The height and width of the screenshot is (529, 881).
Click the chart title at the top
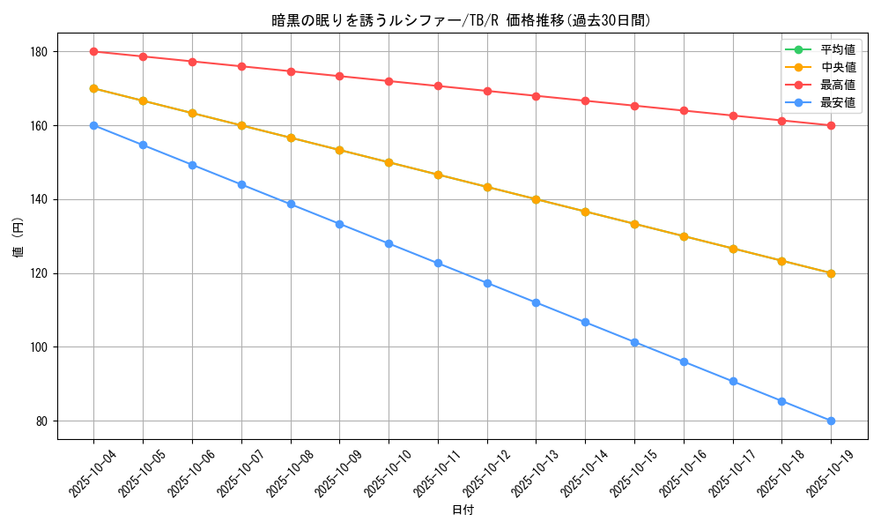(x=462, y=20)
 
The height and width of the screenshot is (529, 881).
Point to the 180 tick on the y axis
(x=39, y=52)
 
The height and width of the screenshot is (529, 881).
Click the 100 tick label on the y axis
(x=39, y=347)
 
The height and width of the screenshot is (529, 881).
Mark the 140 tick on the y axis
(x=39, y=199)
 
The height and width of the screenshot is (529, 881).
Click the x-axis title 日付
(x=463, y=510)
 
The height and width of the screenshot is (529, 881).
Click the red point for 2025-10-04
(x=93, y=51)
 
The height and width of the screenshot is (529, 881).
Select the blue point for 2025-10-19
(x=831, y=421)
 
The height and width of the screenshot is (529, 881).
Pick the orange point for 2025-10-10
(x=389, y=162)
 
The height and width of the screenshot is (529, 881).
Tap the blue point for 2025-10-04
(x=93, y=125)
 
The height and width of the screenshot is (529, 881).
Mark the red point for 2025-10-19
(x=831, y=125)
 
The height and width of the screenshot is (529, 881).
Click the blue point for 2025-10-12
(x=487, y=283)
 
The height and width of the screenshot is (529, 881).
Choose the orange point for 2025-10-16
(x=684, y=236)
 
